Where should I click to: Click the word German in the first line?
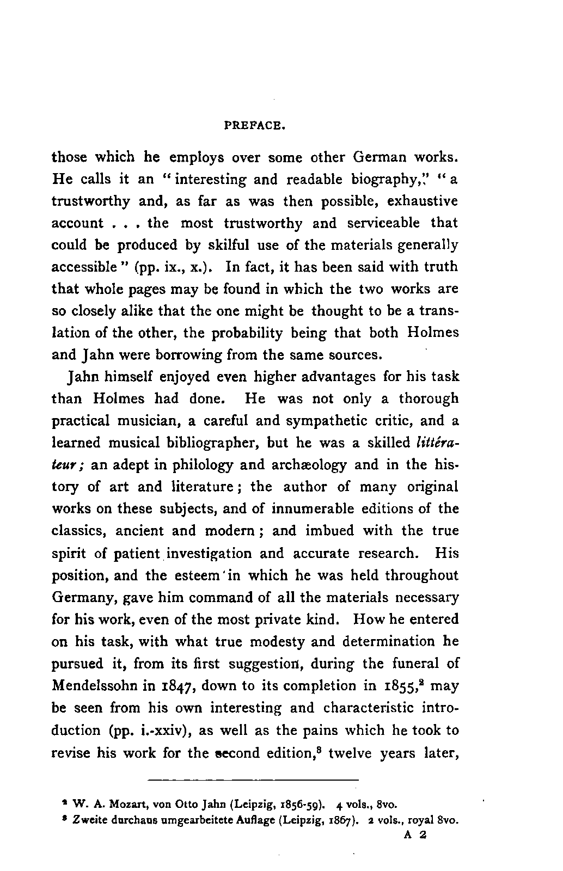(x=382, y=157)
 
